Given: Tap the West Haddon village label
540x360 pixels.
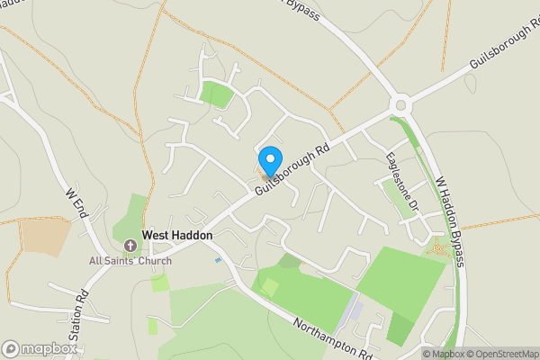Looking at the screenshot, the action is tap(177, 235).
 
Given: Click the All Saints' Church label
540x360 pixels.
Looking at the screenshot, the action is tap(130, 261).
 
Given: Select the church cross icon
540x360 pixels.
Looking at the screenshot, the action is tap(130, 245).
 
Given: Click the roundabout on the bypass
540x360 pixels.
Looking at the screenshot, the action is tap(400, 104).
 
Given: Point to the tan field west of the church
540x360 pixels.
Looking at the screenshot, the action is tap(45, 237).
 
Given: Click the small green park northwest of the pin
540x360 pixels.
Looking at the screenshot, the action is tap(217, 94).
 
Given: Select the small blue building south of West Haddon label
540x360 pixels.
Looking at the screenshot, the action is tap(218, 260).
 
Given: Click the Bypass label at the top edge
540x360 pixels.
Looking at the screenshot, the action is tap(302, 13).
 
